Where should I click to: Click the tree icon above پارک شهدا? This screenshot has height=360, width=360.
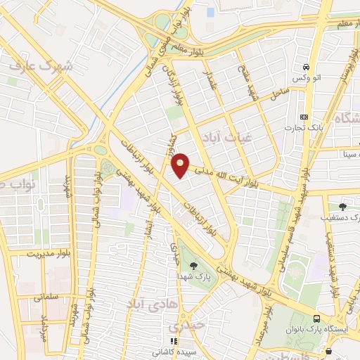pyautogui.click(x=193, y=264)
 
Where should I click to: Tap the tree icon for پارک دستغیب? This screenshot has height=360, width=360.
pyautogui.click(x=342, y=206)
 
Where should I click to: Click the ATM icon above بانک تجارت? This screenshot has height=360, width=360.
pyautogui.click(x=304, y=116)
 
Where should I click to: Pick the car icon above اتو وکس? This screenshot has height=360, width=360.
pyautogui.click(x=306, y=66)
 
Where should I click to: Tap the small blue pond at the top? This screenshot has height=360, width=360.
pyautogui.click(x=210, y=12)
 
